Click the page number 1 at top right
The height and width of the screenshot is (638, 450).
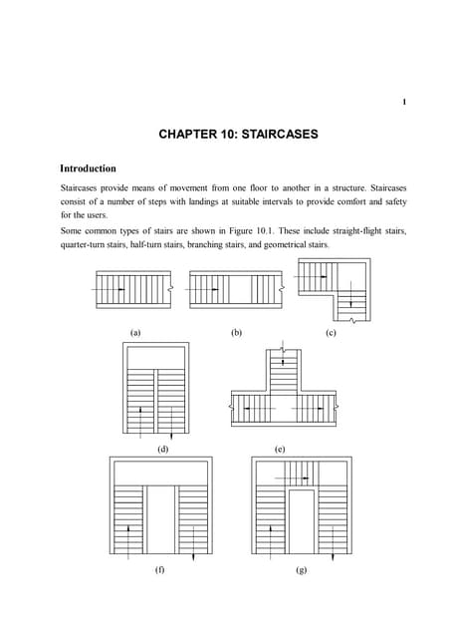404,101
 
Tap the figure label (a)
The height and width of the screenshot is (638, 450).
135,332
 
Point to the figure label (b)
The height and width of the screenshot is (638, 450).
236,332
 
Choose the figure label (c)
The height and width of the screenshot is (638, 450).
331,332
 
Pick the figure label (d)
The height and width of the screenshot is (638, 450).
162,450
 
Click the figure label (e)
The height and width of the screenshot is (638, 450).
280,450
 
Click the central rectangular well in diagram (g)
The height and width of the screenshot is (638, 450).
301,522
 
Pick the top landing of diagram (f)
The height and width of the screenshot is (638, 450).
159,471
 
